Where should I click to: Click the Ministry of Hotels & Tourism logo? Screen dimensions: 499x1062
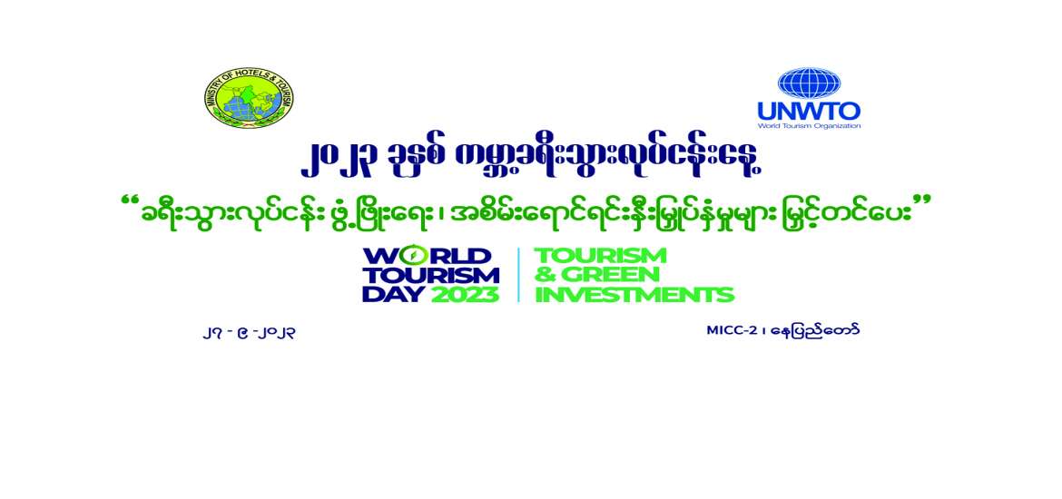[249, 98]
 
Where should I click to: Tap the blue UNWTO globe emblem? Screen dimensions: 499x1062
[809, 83]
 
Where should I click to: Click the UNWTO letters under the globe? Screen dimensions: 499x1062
[809, 113]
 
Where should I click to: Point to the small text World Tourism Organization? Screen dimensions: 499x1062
[809, 126]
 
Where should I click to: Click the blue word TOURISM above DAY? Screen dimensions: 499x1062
[430, 274]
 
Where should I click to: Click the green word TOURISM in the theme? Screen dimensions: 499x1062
[600, 255]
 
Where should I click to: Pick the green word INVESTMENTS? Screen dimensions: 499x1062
[634, 294]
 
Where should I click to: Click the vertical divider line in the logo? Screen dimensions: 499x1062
[518, 274]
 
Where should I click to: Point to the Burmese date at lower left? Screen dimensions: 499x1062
[250, 332]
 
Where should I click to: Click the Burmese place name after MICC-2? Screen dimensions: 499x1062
[814, 329]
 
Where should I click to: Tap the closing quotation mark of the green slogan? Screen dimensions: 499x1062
[923, 202]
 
